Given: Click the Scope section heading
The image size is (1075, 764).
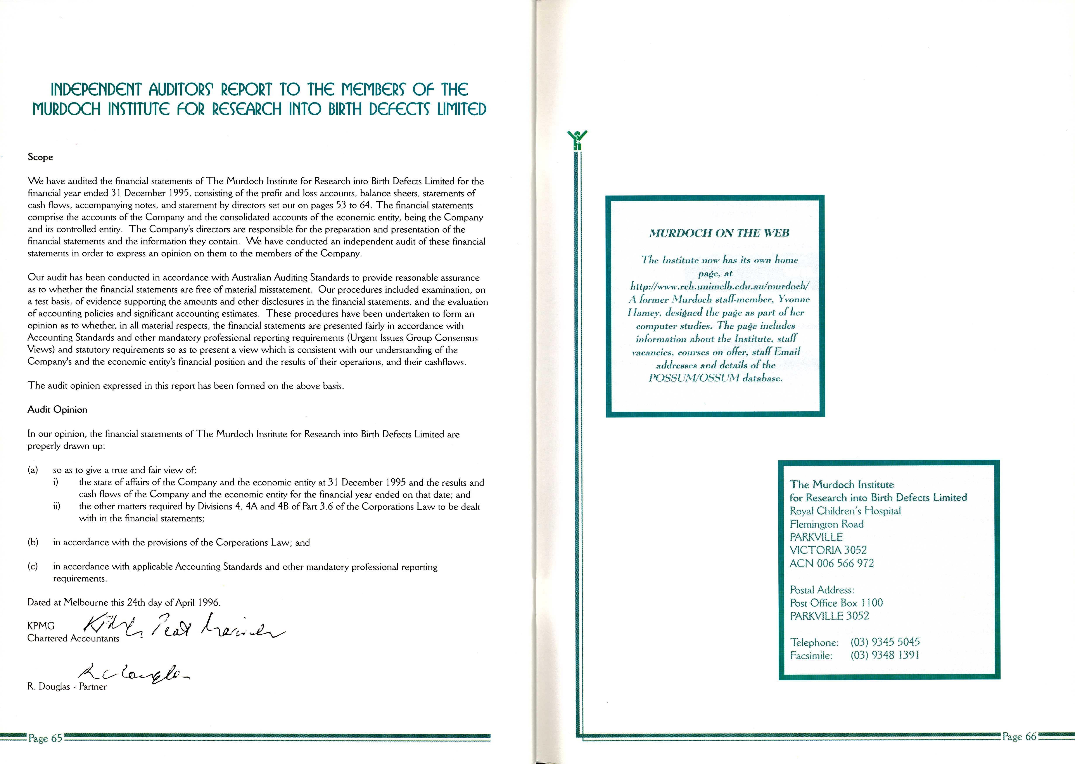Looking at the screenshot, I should (40, 157).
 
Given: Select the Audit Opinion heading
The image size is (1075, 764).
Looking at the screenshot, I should (57, 410).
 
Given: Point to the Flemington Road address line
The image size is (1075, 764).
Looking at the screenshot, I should (826, 524).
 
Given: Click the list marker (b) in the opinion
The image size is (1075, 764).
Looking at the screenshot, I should (33, 542).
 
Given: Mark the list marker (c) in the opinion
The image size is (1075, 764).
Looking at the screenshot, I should (33, 567).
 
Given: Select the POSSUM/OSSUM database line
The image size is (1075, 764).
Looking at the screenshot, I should (715, 378).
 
